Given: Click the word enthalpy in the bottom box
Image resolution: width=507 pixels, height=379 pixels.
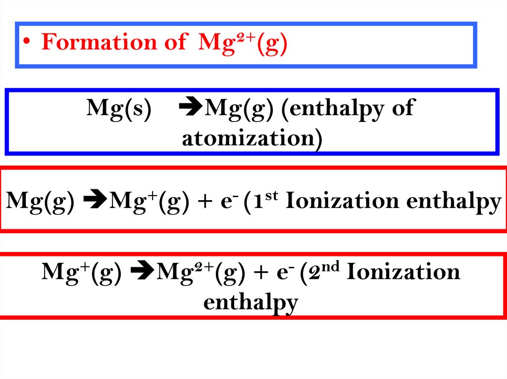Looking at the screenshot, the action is tap(251, 302).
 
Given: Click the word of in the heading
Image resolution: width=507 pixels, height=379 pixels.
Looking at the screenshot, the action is tap(174, 42).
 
